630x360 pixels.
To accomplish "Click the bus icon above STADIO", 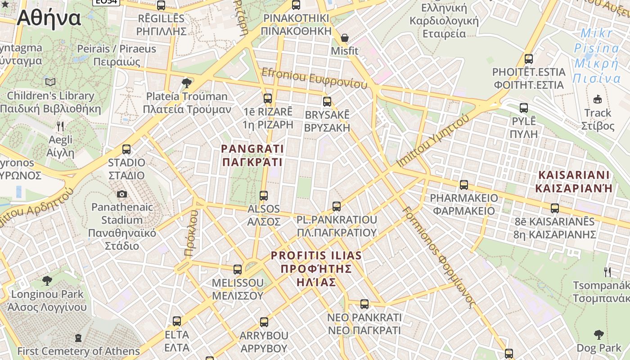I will click(x=126, y=149).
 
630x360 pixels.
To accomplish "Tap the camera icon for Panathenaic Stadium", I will click(x=121, y=194).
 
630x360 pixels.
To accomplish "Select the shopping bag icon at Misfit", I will click(x=345, y=38).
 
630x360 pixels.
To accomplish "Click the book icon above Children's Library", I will click(x=50, y=82).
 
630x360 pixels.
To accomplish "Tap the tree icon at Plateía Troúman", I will click(x=186, y=83).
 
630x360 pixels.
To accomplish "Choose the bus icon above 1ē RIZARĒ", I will click(x=268, y=98).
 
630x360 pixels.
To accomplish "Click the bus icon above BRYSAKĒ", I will click(x=327, y=101).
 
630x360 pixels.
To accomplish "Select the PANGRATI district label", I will click(x=252, y=155).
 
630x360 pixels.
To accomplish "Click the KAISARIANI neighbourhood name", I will click(x=574, y=181).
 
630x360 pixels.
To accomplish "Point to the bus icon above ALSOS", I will click(x=264, y=196).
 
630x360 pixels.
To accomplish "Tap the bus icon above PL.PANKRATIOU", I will click(x=337, y=207).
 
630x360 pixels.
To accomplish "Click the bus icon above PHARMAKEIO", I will click(x=463, y=184).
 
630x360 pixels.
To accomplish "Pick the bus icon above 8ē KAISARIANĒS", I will click(x=555, y=208).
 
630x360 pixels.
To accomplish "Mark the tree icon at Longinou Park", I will click(x=47, y=281).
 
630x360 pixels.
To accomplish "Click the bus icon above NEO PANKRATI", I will click(x=364, y=304).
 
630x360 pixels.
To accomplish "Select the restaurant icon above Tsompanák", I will click(x=607, y=272).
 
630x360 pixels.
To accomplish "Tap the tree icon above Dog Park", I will click(x=598, y=334).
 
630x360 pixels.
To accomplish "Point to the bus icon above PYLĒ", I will click(x=524, y=108).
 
